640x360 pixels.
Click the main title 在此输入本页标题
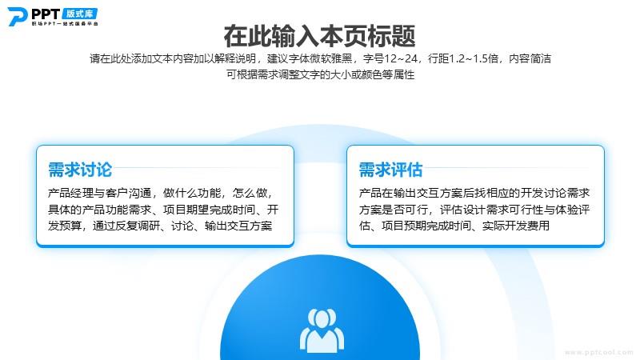pos(319,36)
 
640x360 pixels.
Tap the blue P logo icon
pos(17,17)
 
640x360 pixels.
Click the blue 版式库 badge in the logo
pos(79,14)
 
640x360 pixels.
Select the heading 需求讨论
pos(80,170)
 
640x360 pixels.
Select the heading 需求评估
pos(390,170)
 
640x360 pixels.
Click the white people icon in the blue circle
pos(322,330)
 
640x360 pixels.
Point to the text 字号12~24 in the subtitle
pos(390,58)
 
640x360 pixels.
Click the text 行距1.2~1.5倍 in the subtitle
pos(463,58)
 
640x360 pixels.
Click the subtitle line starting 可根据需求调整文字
pos(321,74)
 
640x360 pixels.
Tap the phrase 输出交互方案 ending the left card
pos(238,226)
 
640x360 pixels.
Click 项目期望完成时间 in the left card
pos(209,210)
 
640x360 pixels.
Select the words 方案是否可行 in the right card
pos(394,210)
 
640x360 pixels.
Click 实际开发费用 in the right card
pos(516,226)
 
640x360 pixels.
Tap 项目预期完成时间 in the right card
pos(426,226)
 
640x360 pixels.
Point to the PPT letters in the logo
pos(46,14)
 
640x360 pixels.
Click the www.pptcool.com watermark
pos(598,352)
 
